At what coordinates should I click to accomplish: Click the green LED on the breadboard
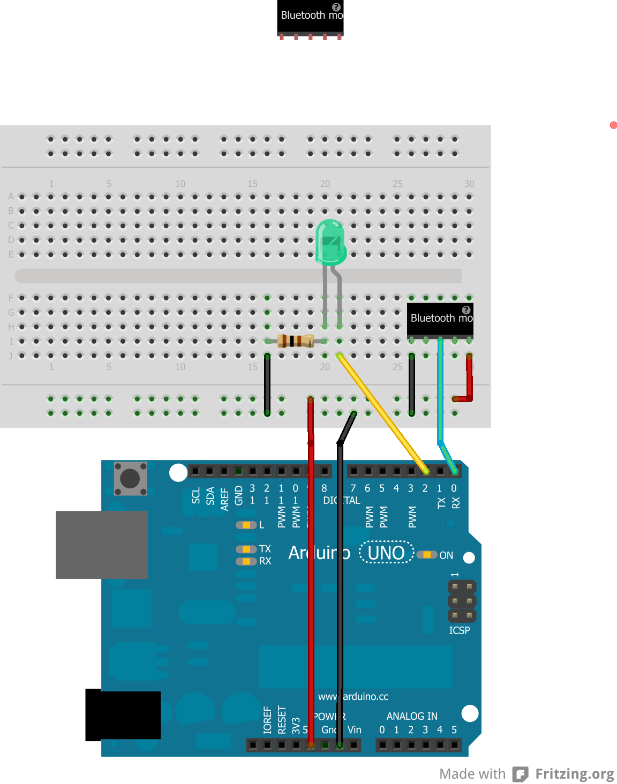point(330,244)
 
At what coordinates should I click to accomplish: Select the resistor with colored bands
point(296,341)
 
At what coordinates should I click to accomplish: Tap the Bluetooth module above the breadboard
point(310,18)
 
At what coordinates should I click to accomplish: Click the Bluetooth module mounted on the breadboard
point(440,320)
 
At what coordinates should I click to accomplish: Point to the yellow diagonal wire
point(381,412)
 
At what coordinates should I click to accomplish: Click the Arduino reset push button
point(130,478)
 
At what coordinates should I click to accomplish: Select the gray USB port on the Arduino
point(102,544)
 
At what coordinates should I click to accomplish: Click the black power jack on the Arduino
point(123,715)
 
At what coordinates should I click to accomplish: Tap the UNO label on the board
point(386,552)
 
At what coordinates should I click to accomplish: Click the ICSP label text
point(459,630)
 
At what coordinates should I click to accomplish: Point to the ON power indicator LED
point(427,555)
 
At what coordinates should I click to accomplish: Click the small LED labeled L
point(246,525)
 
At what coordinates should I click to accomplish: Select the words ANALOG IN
point(412,716)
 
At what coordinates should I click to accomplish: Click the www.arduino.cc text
point(353,696)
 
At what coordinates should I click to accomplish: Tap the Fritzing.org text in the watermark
point(574,774)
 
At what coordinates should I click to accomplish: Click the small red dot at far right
point(613,125)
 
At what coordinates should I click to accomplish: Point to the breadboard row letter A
point(11,197)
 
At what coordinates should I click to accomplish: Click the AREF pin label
point(225,499)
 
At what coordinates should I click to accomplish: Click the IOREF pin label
point(267,720)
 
